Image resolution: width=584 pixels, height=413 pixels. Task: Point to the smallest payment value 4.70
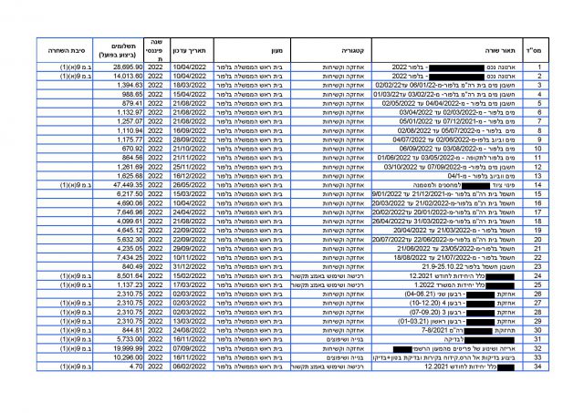(130, 367)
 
